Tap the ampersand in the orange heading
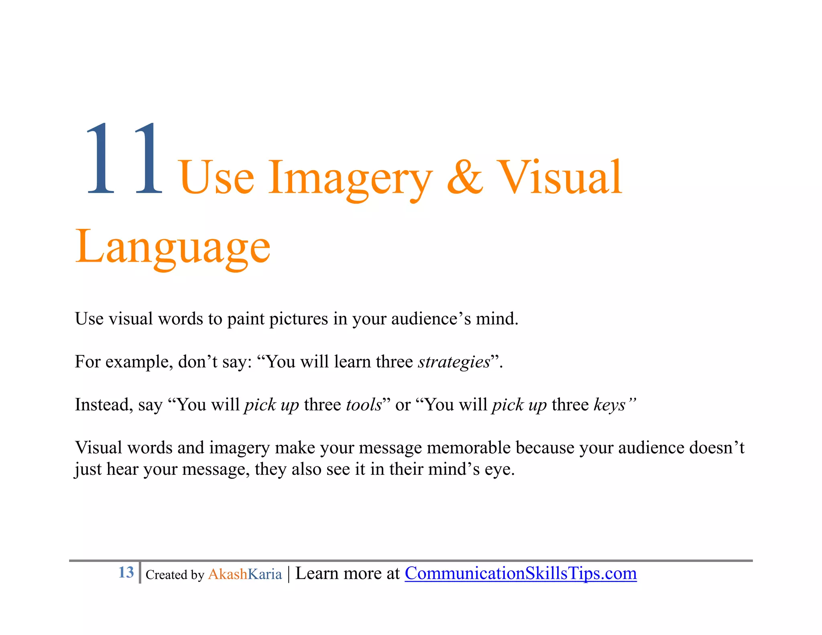click(x=465, y=177)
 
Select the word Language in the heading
click(x=173, y=247)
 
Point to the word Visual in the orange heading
click(x=560, y=177)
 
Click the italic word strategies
click(x=454, y=362)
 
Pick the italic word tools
click(x=364, y=405)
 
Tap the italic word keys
click(x=610, y=405)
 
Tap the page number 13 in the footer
click(x=126, y=572)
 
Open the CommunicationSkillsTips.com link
click(x=520, y=573)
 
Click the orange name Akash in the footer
click(x=228, y=574)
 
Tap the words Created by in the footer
click(x=175, y=575)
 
